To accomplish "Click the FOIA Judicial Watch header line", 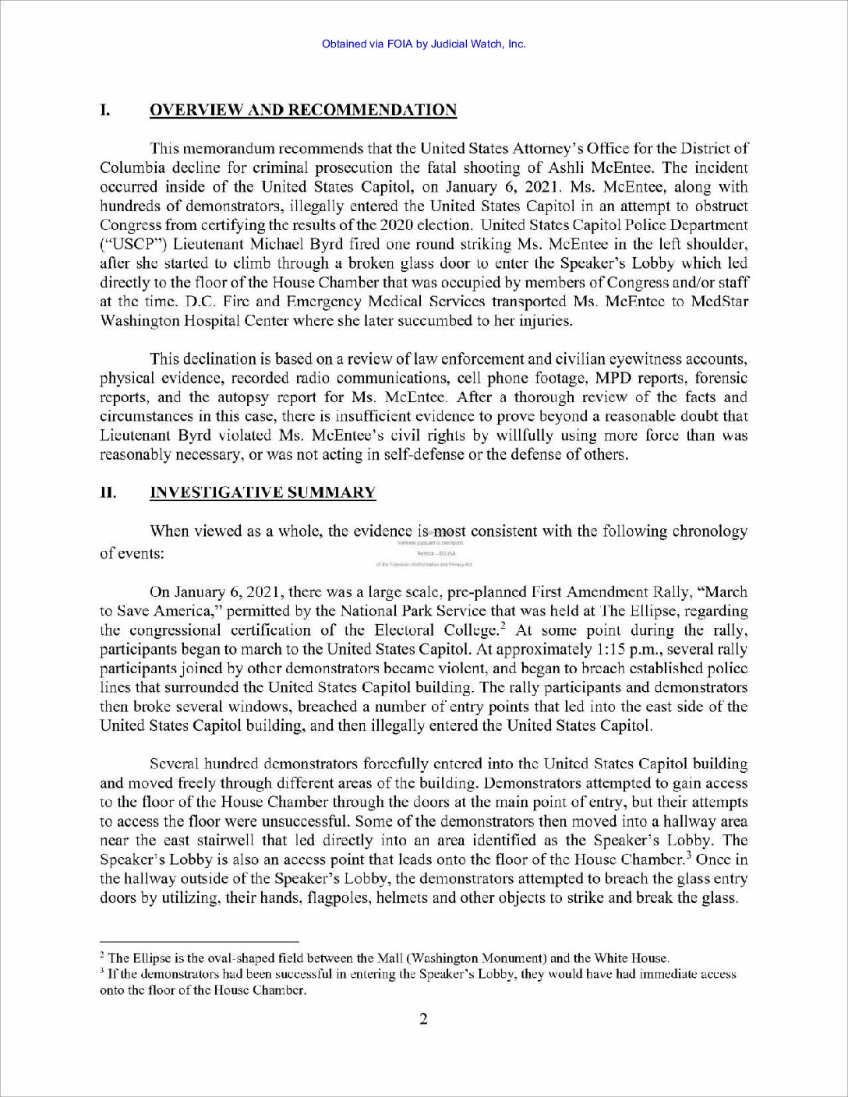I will [423, 44].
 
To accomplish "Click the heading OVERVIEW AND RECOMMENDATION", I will [302, 110].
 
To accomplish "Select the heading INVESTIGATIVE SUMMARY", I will [262, 492].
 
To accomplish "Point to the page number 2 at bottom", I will [423, 1019].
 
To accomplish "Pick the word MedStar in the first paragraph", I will [718, 302].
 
